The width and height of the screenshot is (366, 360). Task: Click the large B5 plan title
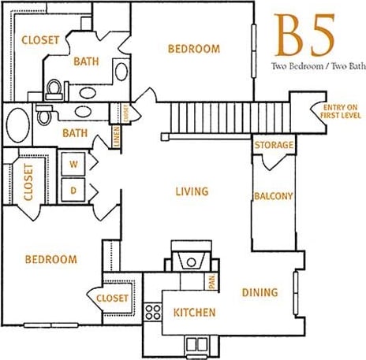pyautogui.click(x=304, y=33)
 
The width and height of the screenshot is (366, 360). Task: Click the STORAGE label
pyautogui.click(x=274, y=146)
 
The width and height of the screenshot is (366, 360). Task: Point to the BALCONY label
pyautogui.click(x=273, y=197)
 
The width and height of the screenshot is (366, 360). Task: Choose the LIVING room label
pyautogui.click(x=192, y=191)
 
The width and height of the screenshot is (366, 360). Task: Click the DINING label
pyautogui.click(x=260, y=292)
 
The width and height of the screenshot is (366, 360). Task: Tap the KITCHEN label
pyautogui.click(x=194, y=313)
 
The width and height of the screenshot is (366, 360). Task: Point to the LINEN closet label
pyautogui.click(x=117, y=135)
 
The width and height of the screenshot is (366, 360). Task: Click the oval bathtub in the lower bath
pyautogui.click(x=17, y=124)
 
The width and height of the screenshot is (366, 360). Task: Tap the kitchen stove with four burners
pyautogui.click(x=153, y=311)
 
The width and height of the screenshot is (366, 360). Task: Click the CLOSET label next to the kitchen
pyautogui.click(x=113, y=299)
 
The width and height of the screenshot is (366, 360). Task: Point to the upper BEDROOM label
pyautogui.click(x=194, y=49)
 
